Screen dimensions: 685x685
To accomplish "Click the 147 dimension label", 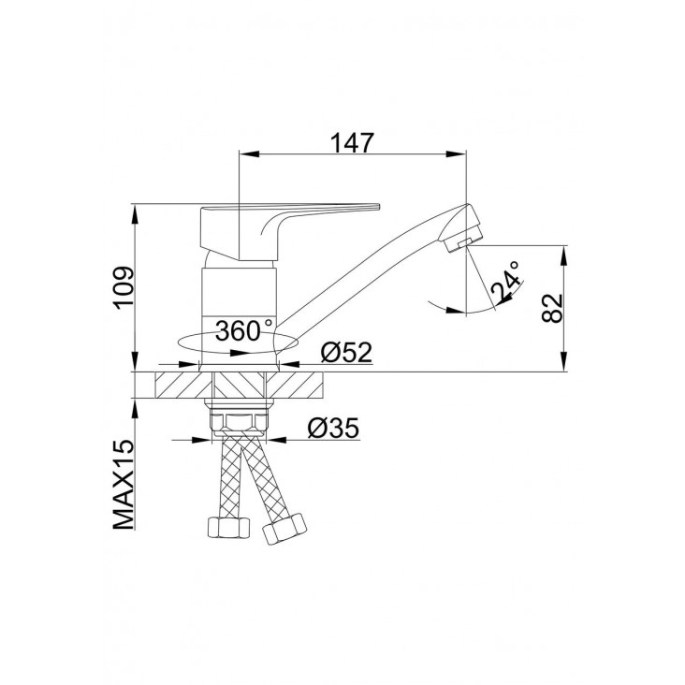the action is click(352, 142).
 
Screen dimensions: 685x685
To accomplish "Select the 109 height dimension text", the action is click(124, 288).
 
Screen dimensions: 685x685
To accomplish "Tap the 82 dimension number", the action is click(552, 308).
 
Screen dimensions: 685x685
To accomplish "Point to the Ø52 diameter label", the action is click(346, 352).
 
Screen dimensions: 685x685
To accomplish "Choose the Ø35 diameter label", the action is click(333, 429).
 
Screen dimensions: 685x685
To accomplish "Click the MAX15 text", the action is click(124, 485).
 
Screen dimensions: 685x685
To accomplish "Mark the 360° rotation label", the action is click(243, 330).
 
